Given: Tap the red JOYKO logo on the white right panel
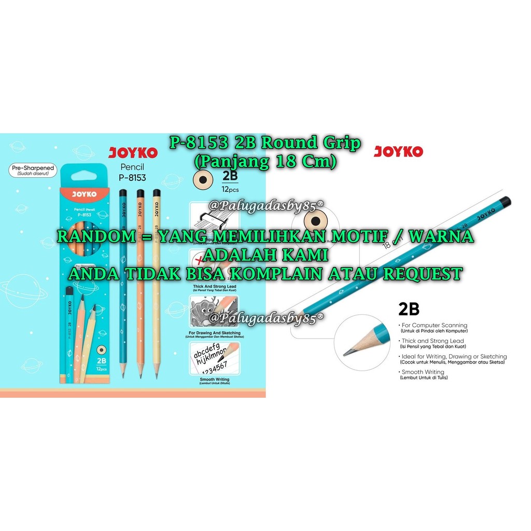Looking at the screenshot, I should click(398, 152).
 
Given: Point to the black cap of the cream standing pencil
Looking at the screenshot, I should click(156, 193).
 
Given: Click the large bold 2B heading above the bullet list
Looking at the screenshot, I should click(409, 309).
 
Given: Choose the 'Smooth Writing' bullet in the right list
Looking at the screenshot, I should click(423, 372).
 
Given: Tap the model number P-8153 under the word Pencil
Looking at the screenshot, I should click(132, 177).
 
